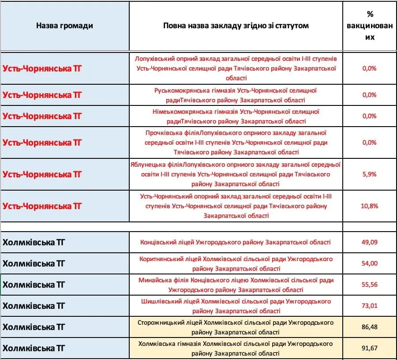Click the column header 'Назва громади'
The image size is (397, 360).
point(64,26)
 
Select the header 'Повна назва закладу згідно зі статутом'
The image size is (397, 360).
point(236,26)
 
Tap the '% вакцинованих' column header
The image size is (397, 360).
point(370,26)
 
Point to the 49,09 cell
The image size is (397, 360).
point(370,242)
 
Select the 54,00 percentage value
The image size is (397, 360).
point(370,263)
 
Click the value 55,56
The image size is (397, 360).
point(370,285)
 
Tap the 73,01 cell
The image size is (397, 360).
point(370,306)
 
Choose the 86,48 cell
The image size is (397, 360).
point(370,327)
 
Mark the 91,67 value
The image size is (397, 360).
point(370,348)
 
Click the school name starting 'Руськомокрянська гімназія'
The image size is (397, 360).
point(236,95)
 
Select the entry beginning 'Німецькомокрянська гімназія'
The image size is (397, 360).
point(236,116)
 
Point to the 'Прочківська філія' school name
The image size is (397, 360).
point(236,142)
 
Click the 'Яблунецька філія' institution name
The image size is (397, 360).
point(236,174)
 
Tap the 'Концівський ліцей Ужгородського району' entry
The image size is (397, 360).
point(236,242)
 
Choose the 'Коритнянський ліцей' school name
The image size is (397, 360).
point(236,263)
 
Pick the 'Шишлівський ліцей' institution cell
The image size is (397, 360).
point(236,306)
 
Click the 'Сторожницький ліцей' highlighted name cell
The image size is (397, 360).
point(236,327)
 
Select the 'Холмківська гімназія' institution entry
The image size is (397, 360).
point(236,348)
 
